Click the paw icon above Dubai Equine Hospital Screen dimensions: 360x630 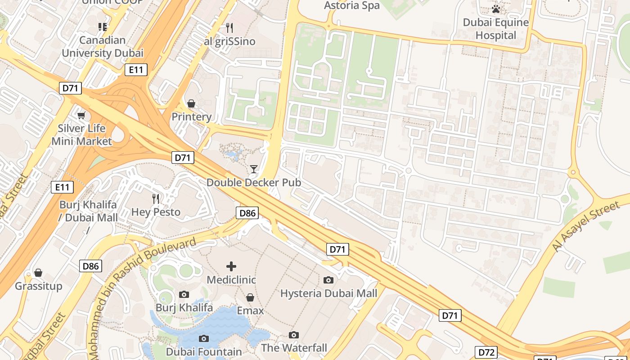pos(496,9)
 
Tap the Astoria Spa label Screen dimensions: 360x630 pos(352,5)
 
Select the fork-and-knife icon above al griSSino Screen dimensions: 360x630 pos(229,28)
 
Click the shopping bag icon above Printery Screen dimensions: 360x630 pos(191,104)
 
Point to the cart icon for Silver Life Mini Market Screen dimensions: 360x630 pos(81,116)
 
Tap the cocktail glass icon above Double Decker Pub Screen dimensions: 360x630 pos(254,169)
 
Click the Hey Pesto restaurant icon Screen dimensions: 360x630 pos(156,198)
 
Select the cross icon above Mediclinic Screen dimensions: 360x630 pos(231,266)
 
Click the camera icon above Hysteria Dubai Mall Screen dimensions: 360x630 pos(328,280)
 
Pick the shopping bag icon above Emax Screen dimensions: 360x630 pos(250,297)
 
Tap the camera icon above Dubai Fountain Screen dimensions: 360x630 pos(204,338)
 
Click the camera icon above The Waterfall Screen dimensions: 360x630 pos(294,335)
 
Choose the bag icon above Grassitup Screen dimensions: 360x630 pos(38,273)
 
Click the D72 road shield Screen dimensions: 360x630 pos(486,352)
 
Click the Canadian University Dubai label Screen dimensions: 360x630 pos(103,47)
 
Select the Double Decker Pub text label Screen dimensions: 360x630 pos(254,183)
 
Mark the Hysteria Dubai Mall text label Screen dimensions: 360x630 pos(328,293)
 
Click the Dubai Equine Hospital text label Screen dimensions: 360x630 pos(496,29)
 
